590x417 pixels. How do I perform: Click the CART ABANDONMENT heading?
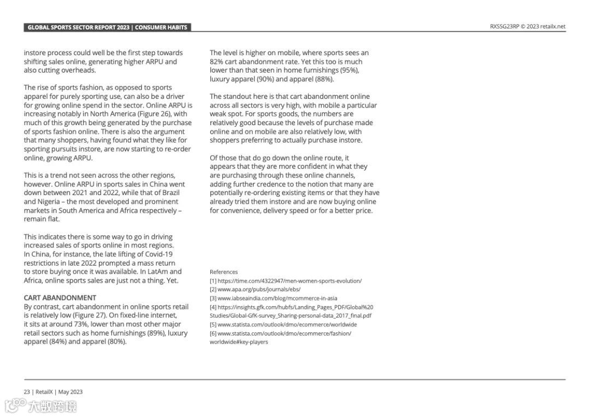tap(60, 298)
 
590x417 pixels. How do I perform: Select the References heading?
tap(223, 272)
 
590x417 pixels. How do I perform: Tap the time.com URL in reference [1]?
tap(290, 281)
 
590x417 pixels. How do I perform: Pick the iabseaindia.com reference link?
tap(277, 298)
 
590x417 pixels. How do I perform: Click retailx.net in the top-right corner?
tap(553, 26)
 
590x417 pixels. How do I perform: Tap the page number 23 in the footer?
tap(27, 392)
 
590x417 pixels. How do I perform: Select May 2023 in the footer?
tap(70, 392)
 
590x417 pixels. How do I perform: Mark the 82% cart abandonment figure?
tap(216, 62)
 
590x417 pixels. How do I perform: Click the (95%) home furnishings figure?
tap(350, 71)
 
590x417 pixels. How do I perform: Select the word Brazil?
tap(169, 193)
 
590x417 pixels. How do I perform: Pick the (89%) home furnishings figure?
tap(155, 333)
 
